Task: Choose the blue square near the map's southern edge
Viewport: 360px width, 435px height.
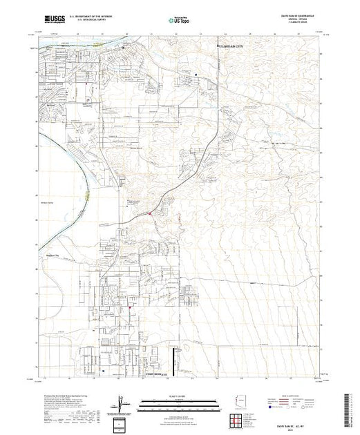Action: coord(104,370)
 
